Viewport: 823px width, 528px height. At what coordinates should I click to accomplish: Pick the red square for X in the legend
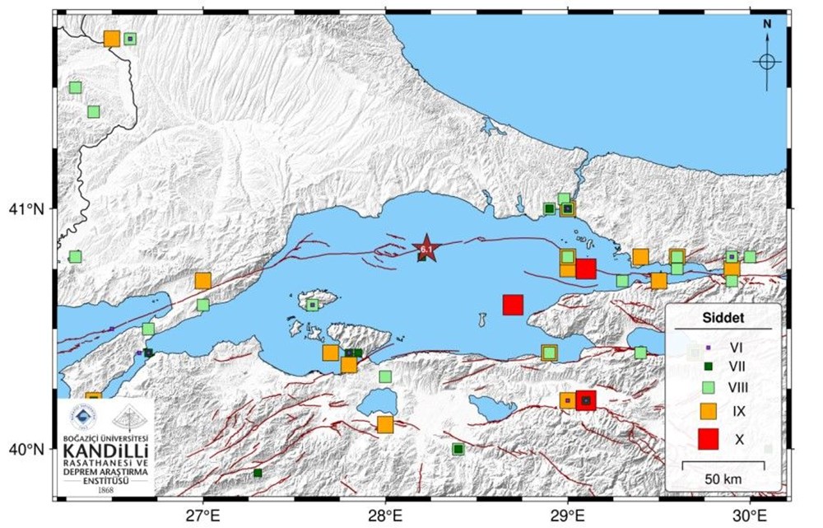point(707,441)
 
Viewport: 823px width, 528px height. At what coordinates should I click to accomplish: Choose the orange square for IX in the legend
point(707,409)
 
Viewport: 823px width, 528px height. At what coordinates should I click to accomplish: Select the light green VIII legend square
point(707,385)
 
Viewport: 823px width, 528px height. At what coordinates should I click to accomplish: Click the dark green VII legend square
point(707,366)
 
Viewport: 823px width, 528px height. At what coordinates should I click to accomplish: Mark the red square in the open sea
point(513,305)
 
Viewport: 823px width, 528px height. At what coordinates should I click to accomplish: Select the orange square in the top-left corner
point(112,39)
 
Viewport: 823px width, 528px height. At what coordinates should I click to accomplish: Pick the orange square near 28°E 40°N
point(385,424)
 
